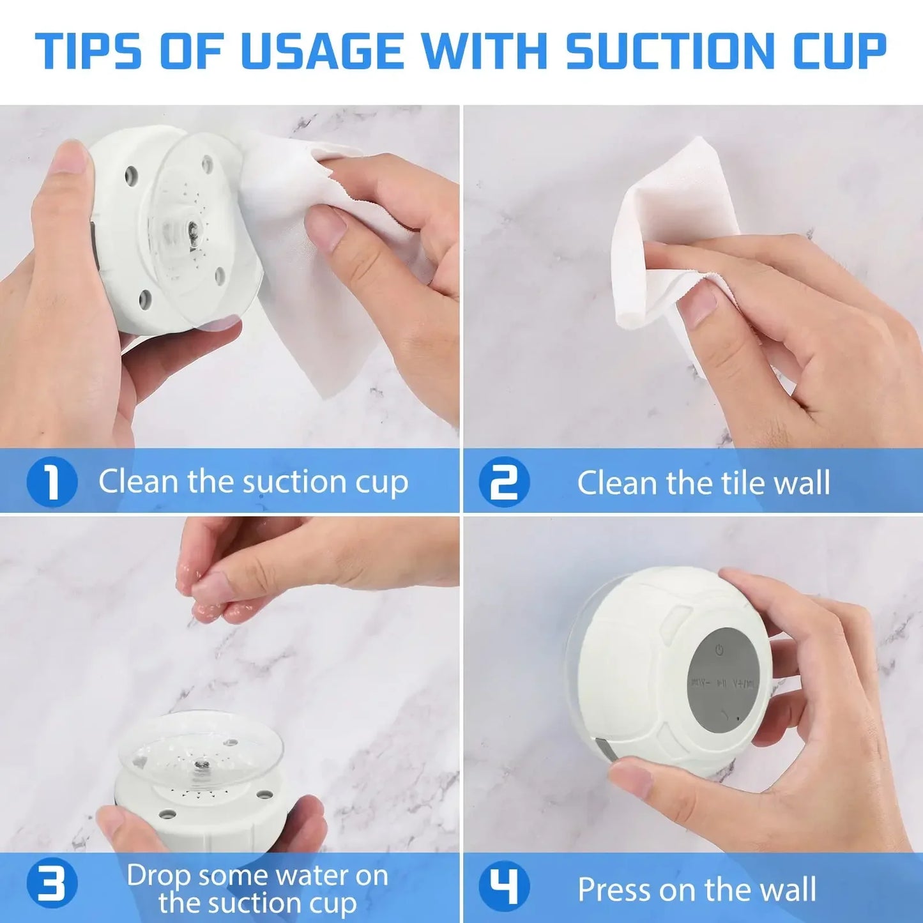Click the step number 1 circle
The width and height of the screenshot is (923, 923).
coord(52,482)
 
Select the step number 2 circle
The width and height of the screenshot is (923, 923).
coord(505,482)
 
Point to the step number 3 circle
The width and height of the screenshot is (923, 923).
coord(52,885)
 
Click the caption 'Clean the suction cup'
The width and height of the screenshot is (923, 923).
coord(253,482)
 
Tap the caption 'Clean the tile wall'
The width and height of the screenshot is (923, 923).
coord(703,483)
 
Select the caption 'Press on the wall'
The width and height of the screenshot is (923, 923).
coord(697,889)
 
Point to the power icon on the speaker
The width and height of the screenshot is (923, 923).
coord(719,650)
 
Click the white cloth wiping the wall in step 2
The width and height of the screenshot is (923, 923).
coord(664,211)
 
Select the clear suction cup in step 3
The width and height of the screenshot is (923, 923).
coord(201,747)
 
